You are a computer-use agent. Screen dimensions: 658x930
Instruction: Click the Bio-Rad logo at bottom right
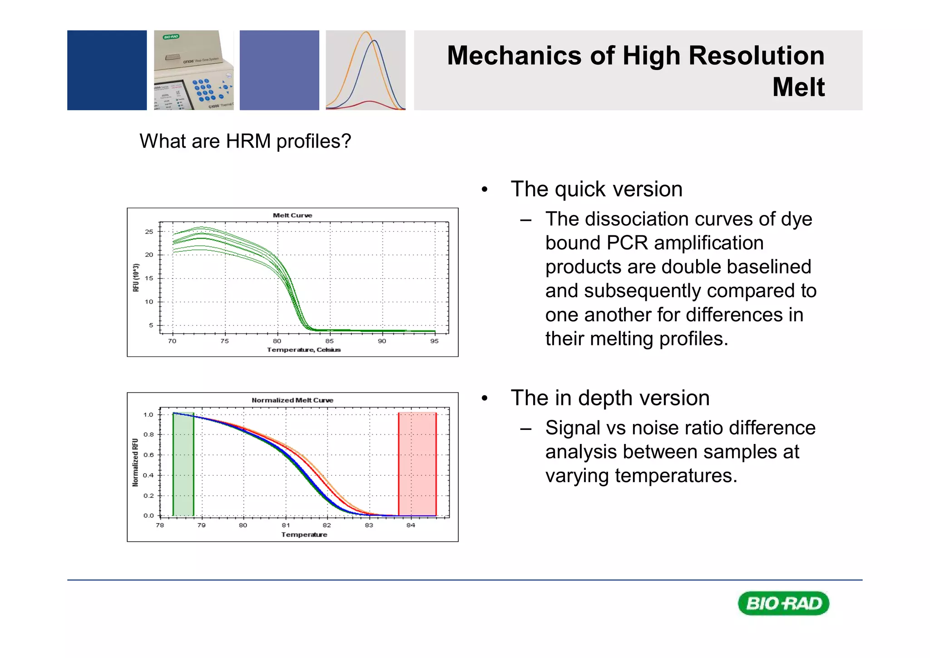(x=783, y=603)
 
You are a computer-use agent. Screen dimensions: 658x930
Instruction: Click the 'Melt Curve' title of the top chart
(x=292, y=215)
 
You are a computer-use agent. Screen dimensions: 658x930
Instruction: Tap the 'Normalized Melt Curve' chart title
(x=292, y=400)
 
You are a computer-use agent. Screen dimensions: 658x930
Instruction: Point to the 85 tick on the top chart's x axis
(x=329, y=341)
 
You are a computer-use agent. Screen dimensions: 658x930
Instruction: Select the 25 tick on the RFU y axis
(x=149, y=232)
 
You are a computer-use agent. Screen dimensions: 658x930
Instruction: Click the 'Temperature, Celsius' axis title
(x=304, y=350)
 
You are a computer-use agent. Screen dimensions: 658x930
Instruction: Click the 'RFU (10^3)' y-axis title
(x=136, y=278)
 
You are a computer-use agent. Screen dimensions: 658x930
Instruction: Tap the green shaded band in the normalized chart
(x=183, y=464)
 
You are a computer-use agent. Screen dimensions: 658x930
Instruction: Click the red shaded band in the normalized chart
(x=417, y=464)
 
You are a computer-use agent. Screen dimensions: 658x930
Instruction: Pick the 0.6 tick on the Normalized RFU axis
(x=148, y=455)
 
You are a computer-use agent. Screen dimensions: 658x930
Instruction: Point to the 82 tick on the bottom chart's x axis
(x=327, y=525)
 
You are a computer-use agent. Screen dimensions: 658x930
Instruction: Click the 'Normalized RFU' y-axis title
(x=135, y=463)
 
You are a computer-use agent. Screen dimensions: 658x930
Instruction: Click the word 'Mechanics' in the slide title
(x=514, y=56)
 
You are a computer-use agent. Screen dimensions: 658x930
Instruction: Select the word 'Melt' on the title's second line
(x=798, y=87)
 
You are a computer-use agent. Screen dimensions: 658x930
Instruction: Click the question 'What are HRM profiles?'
(x=245, y=141)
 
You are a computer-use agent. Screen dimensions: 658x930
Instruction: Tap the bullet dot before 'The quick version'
(x=485, y=190)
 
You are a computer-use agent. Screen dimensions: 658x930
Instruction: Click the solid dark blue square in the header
(x=107, y=70)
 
